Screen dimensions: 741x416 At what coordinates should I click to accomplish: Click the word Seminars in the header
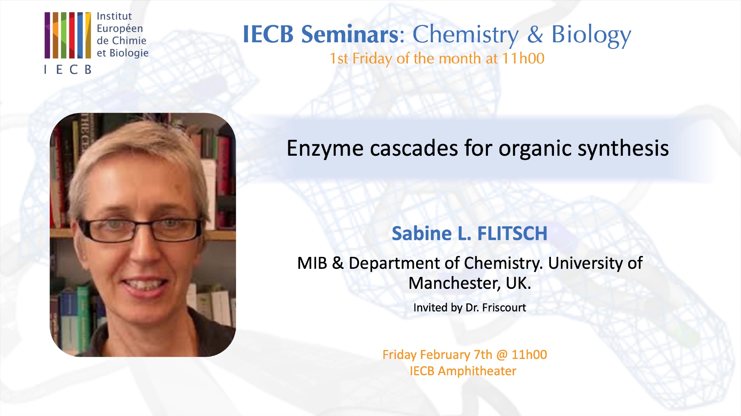coord(349,34)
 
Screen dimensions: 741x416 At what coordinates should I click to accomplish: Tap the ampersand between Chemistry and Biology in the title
coord(535,34)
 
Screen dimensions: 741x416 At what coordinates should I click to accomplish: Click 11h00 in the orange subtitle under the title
coord(523,58)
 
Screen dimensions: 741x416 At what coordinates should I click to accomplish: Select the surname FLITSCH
coord(512,234)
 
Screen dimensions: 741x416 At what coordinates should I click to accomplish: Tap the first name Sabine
coord(421,234)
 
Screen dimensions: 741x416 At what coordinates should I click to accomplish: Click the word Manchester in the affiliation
coord(455,283)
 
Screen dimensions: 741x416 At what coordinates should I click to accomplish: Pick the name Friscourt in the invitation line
coord(504,307)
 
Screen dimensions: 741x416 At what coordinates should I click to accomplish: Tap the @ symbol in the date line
coord(502,355)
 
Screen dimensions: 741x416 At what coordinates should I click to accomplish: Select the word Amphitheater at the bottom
coord(477,371)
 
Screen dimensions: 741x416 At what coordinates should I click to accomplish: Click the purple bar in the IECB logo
coord(47,35)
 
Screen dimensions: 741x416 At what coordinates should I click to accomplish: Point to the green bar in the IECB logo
coord(64,35)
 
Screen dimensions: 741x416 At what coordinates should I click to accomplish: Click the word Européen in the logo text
coord(120,29)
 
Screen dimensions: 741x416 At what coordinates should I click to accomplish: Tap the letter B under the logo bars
coord(88,69)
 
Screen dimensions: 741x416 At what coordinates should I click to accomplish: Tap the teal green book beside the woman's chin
coord(83,319)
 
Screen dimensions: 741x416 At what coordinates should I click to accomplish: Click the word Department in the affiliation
coord(395,264)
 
